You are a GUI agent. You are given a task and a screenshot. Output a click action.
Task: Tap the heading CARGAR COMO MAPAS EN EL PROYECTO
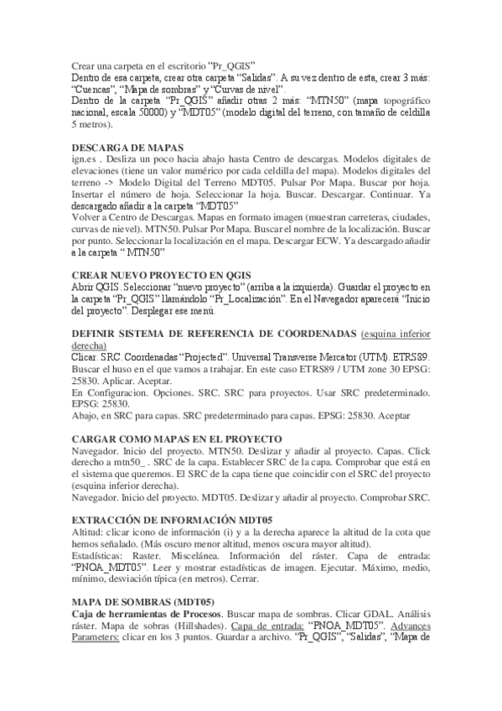point(177,439)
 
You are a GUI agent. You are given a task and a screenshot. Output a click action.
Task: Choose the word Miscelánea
point(213,555)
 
